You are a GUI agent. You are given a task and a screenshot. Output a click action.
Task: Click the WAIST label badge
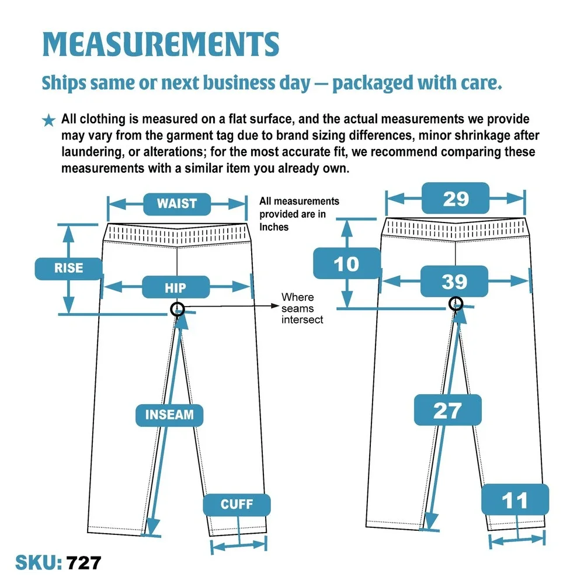click(177, 204)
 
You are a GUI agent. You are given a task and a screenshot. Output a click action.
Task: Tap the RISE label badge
click(68, 269)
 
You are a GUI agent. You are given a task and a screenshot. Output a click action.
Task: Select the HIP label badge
click(175, 287)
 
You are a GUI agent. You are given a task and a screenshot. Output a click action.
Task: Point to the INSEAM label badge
click(169, 415)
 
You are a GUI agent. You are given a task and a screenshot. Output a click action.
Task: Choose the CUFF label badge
click(237, 505)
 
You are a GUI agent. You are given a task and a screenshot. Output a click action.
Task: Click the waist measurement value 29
click(456, 198)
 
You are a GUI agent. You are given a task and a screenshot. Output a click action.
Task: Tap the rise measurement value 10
click(347, 263)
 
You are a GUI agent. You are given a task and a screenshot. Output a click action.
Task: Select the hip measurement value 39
click(454, 281)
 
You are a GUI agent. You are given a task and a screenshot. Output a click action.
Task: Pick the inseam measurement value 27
click(448, 410)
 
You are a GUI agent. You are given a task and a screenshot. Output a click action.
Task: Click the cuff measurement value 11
click(515, 500)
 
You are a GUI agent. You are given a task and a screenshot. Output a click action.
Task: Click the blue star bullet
click(48, 120)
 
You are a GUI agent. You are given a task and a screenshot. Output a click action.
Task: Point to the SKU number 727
click(84, 563)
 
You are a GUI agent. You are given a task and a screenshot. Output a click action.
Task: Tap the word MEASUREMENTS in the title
click(161, 44)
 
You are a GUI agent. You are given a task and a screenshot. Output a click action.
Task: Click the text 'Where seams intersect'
click(302, 308)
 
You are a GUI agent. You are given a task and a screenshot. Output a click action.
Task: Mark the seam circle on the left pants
click(178, 309)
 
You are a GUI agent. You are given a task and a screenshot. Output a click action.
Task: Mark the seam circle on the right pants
click(456, 304)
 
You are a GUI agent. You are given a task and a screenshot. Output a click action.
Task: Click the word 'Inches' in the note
click(274, 227)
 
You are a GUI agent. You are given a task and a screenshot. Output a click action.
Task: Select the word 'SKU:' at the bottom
click(39, 563)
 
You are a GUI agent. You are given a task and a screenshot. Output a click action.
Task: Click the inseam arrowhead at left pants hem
click(152, 527)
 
